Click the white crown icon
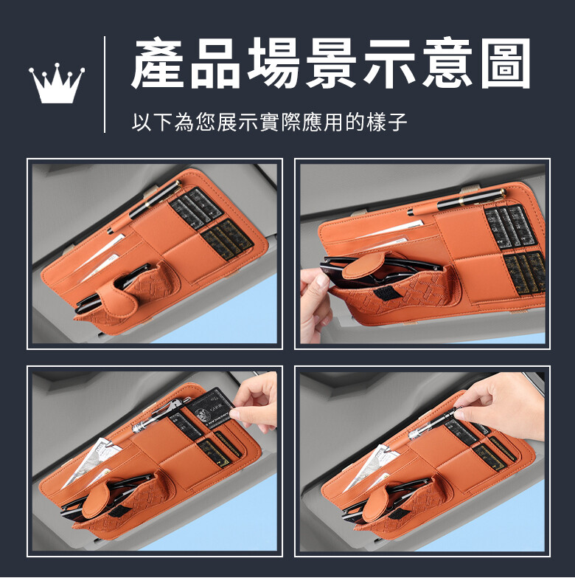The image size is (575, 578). click(x=57, y=84)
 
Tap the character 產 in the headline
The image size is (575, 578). click(x=158, y=63)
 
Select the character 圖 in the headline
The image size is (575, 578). click(x=506, y=63)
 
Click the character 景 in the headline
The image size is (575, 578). click(x=331, y=63)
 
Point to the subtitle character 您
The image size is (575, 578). click(x=206, y=122)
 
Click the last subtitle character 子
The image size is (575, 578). click(x=397, y=122)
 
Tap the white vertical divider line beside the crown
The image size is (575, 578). click(x=105, y=84)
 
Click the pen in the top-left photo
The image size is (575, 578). click(x=144, y=207)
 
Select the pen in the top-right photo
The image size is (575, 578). click(x=457, y=203)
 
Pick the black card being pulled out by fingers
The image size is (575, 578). click(x=211, y=407)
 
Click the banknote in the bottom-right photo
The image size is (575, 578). click(x=366, y=467)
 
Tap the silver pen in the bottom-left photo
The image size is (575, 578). click(x=162, y=415)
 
